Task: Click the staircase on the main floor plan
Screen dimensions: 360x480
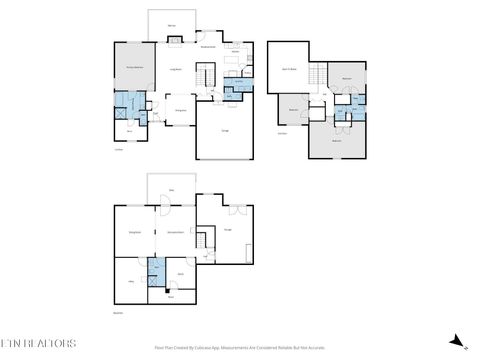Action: tap(207, 76)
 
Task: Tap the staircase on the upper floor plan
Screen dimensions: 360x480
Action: tap(319, 76)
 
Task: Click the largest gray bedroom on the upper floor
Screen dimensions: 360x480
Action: tap(337, 140)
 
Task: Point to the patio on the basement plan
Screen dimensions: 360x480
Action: tap(171, 188)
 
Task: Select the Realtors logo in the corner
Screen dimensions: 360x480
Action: tap(37, 344)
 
